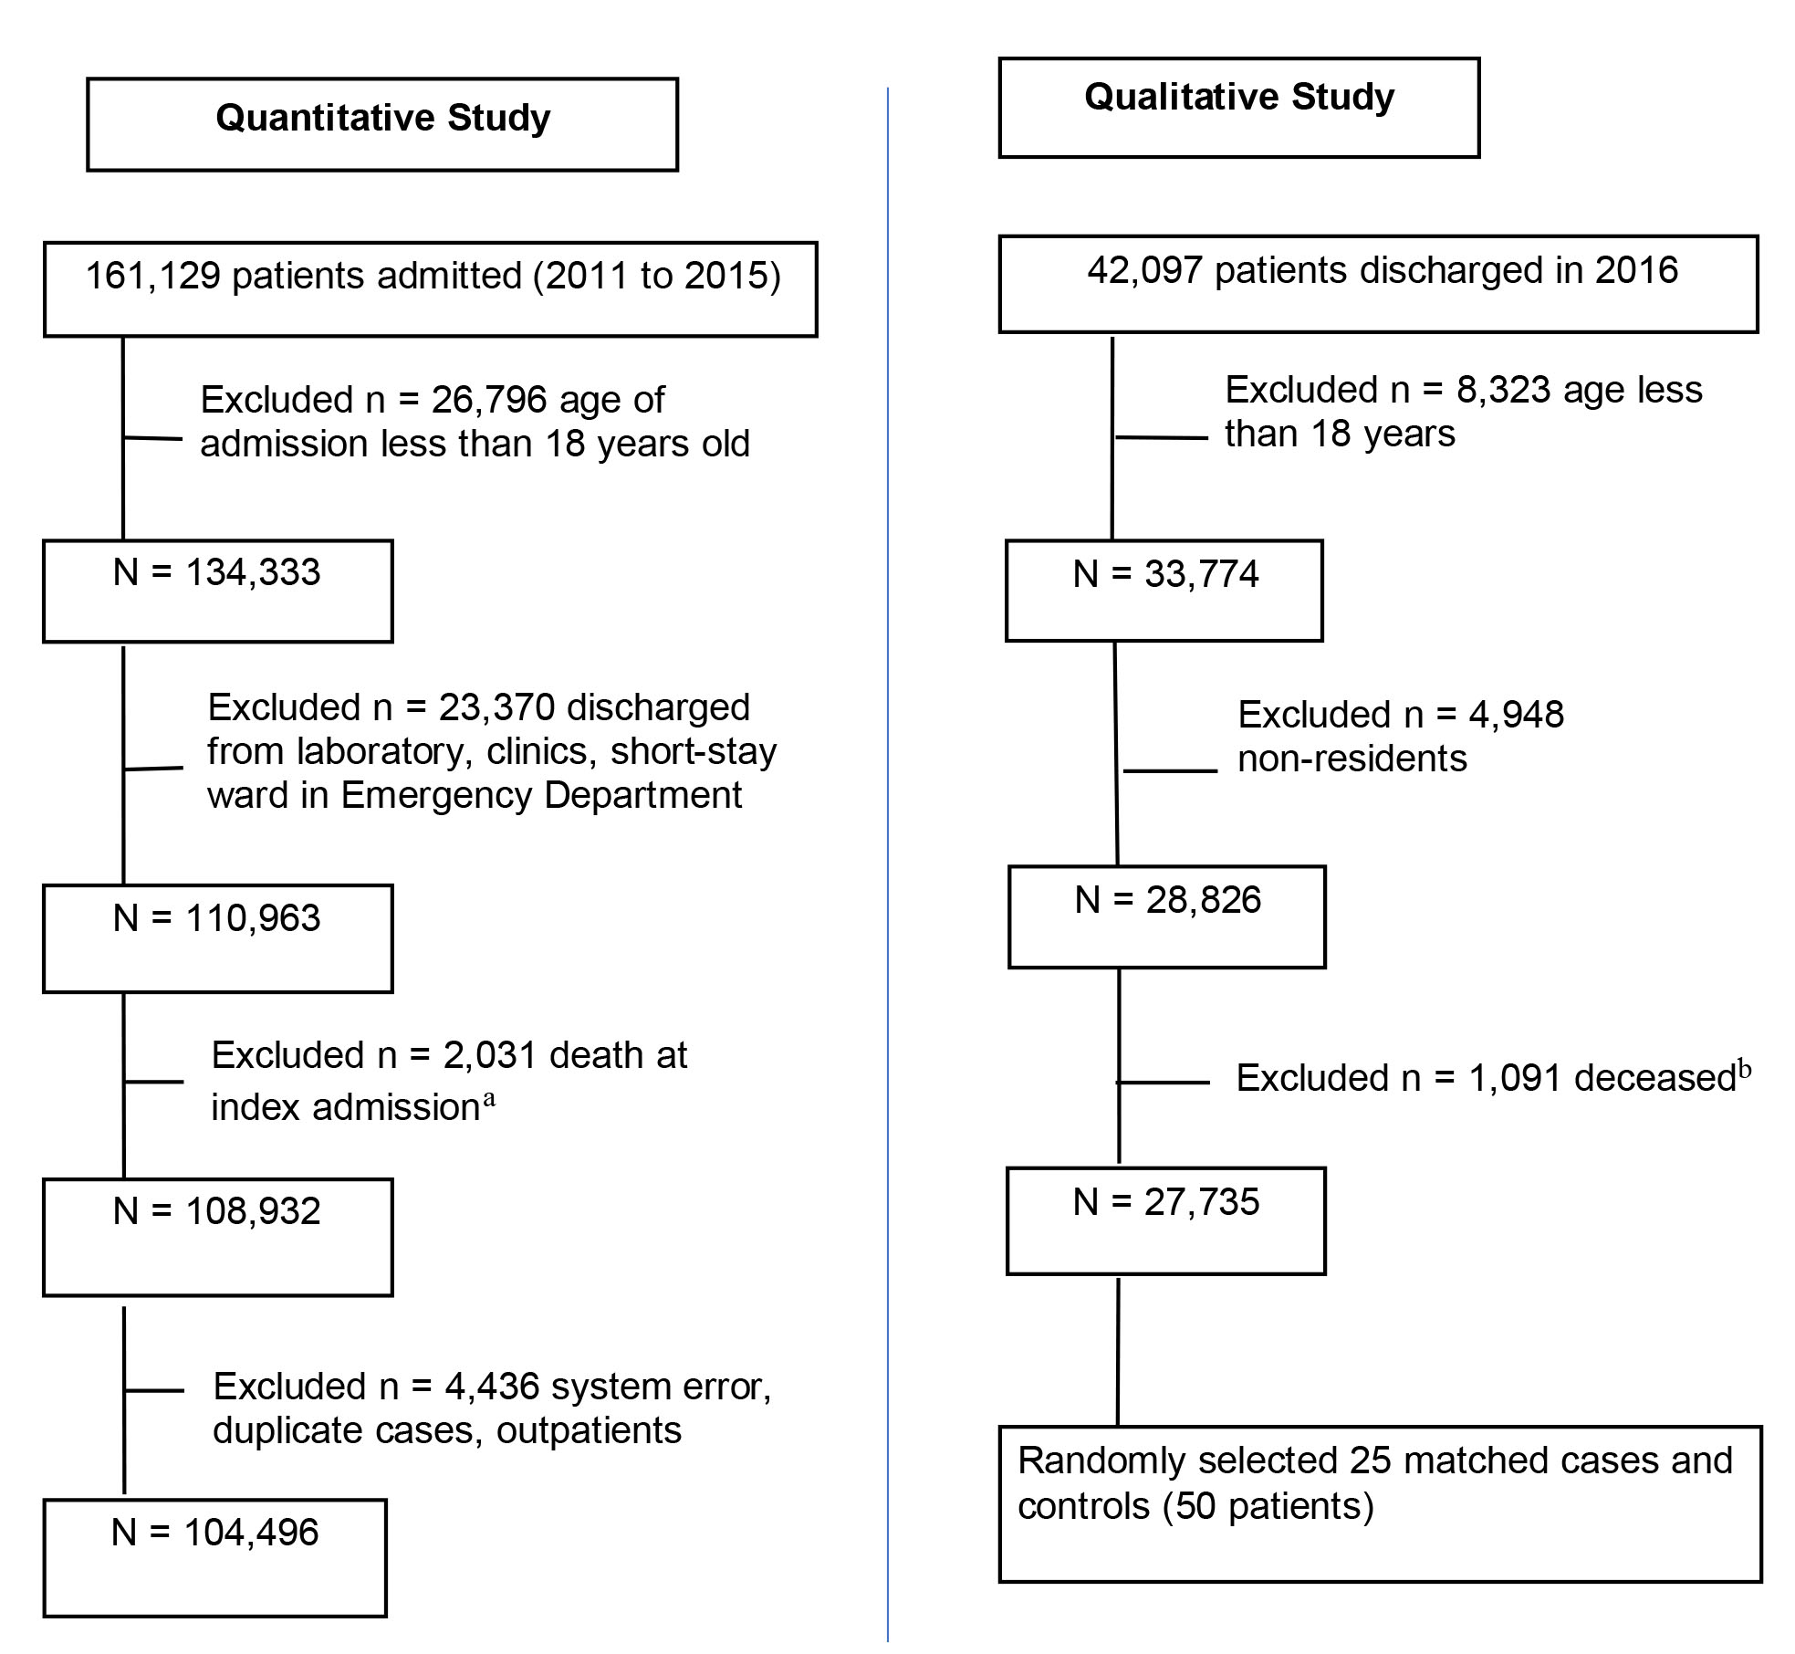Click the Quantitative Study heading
coord(383,118)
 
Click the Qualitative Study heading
coord(1239,97)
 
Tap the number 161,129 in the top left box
coord(152,276)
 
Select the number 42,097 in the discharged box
coord(1144,270)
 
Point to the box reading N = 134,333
coord(218,591)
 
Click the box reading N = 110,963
coord(218,938)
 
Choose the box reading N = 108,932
coord(218,1237)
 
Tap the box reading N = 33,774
coord(1164,591)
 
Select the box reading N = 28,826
coord(1167,916)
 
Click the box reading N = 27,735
coord(1166,1220)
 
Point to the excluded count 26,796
coord(489,400)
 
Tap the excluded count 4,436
coord(492,1387)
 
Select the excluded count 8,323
coord(1503,390)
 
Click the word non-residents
coord(1352,759)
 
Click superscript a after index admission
coord(488,1099)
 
